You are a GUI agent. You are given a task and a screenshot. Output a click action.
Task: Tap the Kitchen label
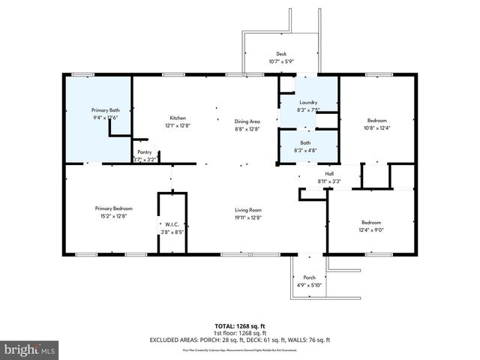click(x=177, y=118)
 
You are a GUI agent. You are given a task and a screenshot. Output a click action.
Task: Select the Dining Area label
click(x=247, y=121)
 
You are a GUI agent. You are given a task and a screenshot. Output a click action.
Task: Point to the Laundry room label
click(x=308, y=103)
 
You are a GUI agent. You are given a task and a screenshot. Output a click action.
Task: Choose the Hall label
click(x=329, y=173)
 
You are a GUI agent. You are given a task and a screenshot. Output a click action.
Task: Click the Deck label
click(x=281, y=54)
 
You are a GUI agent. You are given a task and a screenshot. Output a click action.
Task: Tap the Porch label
click(x=308, y=277)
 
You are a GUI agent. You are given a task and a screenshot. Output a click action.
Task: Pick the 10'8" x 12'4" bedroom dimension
click(x=377, y=128)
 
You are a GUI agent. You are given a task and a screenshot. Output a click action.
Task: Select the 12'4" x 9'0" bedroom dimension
click(x=371, y=230)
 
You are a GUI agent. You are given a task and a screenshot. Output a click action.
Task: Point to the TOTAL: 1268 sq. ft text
click(x=241, y=326)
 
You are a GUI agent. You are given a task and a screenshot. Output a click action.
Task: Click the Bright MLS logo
click(x=30, y=349)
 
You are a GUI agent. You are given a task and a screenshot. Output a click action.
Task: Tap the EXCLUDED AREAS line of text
click(x=241, y=340)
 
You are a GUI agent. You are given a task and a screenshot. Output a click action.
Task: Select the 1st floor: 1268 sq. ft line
click(x=241, y=333)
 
